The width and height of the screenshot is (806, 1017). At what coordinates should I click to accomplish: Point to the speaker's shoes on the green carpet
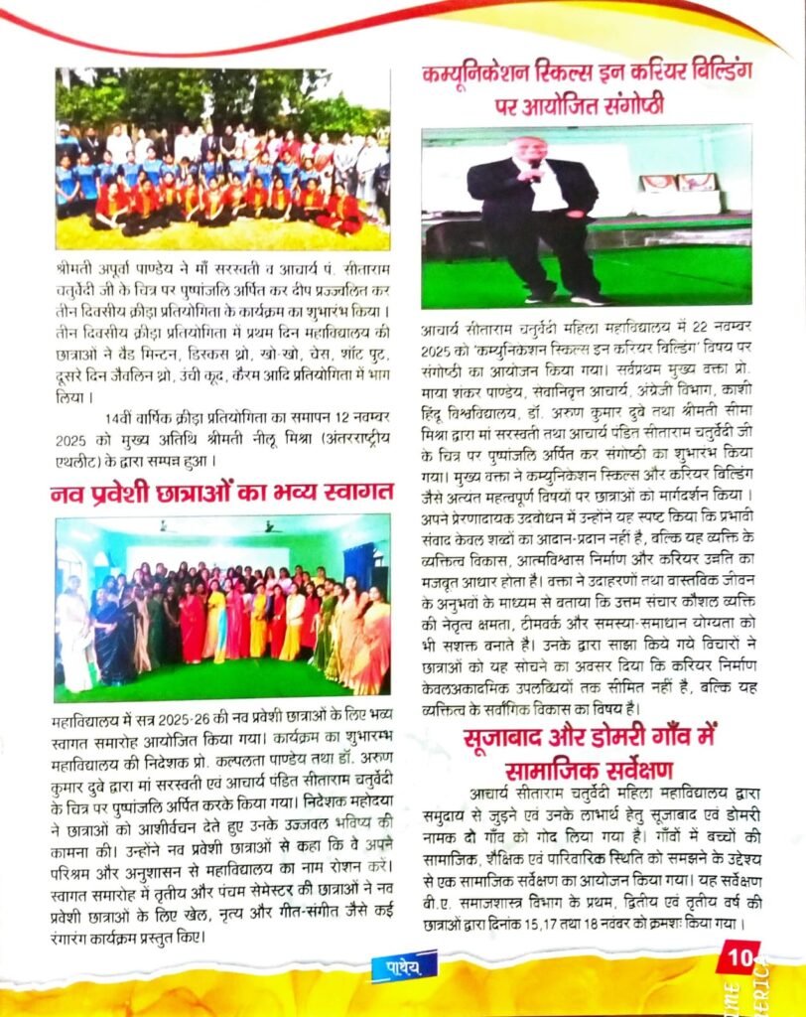pos(567,296)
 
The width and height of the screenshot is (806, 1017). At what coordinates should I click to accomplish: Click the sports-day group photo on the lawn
pos(222,158)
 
